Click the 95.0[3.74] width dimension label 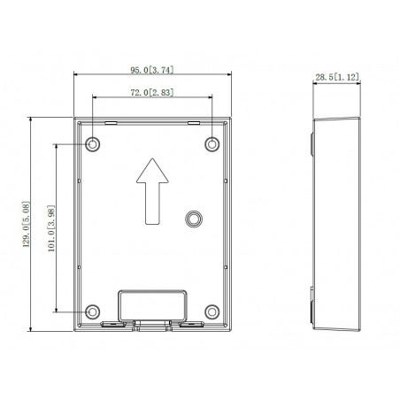point(152,70)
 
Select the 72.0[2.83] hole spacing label point(152,92)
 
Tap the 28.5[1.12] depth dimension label point(337,77)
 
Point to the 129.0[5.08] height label point(27,224)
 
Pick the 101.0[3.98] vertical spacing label point(51,228)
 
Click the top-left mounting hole point(93,144)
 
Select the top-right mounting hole point(212,144)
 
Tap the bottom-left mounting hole point(93,312)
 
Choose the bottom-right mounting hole point(212,312)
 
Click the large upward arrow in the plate point(152,191)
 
